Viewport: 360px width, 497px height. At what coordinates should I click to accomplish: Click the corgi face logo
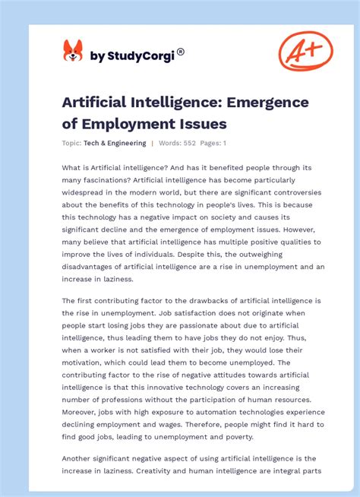(73, 51)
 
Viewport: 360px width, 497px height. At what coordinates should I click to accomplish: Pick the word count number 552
(189, 143)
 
